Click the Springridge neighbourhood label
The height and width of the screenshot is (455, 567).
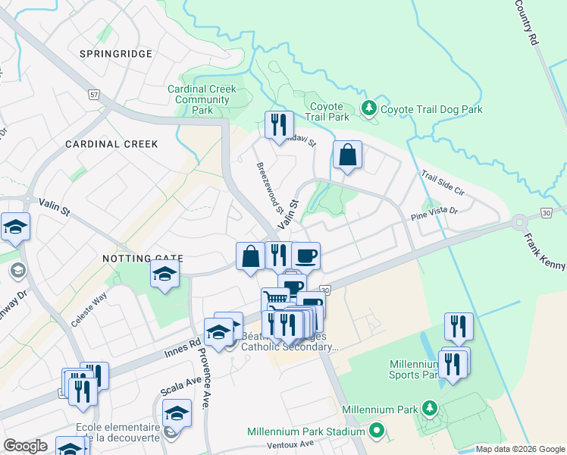click(x=116, y=54)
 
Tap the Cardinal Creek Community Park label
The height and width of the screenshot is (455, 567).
click(x=202, y=99)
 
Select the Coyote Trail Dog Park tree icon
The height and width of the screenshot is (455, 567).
click(x=369, y=109)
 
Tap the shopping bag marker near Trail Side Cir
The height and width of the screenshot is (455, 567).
click(x=347, y=155)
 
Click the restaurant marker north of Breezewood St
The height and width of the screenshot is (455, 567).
click(x=279, y=124)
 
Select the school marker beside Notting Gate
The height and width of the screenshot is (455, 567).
click(x=164, y=275)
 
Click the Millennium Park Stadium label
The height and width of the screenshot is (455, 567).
click(x=306, y=431)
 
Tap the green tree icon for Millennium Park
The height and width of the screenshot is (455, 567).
click(x=430, y=409)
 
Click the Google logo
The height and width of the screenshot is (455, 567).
click(x=25, y=446)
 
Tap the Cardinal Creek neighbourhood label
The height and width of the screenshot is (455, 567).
click(x=111, y=143)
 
